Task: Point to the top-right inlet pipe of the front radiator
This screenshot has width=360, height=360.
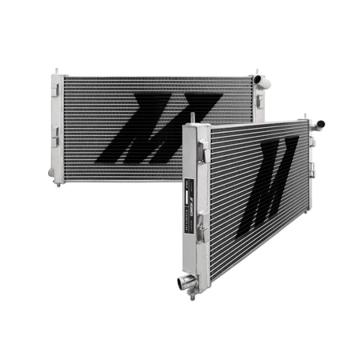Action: (318, 125)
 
